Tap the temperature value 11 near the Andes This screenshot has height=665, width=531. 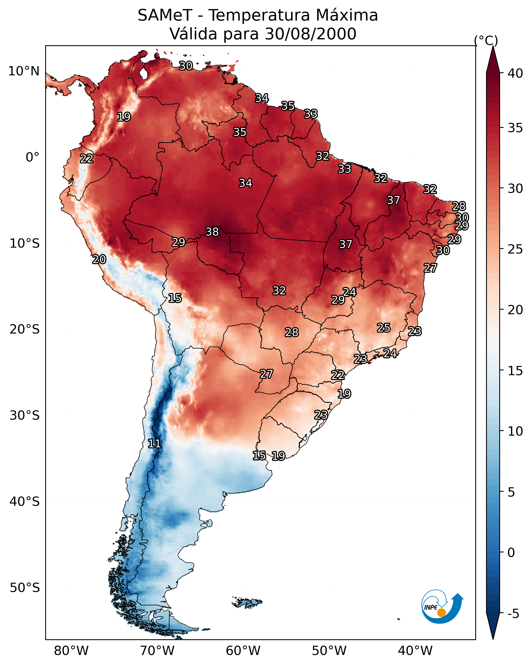pyautogui.click(x=154, y=444)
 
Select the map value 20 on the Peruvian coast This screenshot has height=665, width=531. pyautogui.click(x=99, y=259)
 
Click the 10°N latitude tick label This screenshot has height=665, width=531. pyautogui.click(x=24, y=71)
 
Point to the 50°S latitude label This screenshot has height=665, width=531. pyautogui.click(x=25, y=588)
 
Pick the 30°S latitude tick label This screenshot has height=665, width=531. pyautogui.click(x=25, y=416)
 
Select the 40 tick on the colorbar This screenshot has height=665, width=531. pyautogui.click(x=515, y=73)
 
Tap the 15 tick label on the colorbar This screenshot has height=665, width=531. pyautogui.click(x=515, y=371)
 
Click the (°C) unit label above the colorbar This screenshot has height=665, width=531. pyautogui.click(x=486, y=40)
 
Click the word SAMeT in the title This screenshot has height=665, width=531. pyautogui.click(x=165, y=15)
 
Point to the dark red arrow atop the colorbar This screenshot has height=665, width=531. pyautogui.click(x=493, y=60)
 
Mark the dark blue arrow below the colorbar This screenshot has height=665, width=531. pyautogui.click(x=493, y=625)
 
